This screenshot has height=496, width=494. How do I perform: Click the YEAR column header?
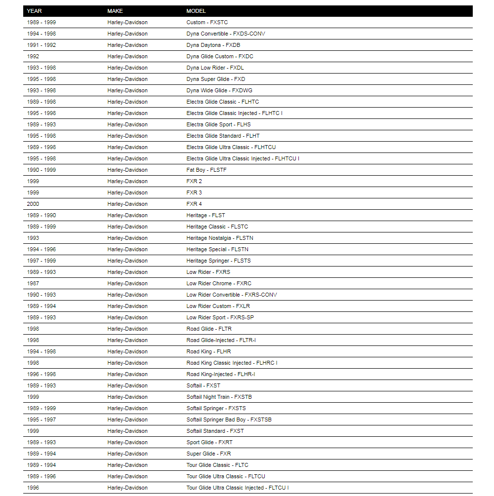coord(34,11)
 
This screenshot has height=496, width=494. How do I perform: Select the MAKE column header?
coord(115,11)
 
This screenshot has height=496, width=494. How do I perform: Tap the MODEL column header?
coord(196,11)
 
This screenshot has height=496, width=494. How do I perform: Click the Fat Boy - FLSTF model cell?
coord(206,170)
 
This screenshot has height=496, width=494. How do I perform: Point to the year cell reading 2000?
coord(33,204)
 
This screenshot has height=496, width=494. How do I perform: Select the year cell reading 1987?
coord(33,283)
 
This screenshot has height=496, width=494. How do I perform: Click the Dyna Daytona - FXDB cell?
coord(213,45)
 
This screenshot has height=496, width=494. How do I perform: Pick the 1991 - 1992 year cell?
coord(41,45)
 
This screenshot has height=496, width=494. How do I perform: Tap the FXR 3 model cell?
coord(194,192)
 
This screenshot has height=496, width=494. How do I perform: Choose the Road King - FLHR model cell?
coord(208,351)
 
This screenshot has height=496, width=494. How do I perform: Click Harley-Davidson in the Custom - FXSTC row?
coord(127,22)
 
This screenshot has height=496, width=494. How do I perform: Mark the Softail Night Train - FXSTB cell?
coord(219,397)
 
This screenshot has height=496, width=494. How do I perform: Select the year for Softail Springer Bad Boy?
coord(41,420)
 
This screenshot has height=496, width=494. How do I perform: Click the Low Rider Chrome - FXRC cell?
coord(219,283)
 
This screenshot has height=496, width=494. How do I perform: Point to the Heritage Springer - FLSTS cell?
coord(218,261)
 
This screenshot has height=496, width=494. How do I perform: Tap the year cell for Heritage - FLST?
coord(41,215)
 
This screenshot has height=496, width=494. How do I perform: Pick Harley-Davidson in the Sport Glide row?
coord(127,442)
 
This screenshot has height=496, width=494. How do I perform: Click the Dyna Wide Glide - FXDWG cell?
coord(219,90)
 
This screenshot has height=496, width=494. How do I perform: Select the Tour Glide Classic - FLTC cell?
coord(217,465)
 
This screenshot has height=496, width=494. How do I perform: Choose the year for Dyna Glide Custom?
coord(33,56)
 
